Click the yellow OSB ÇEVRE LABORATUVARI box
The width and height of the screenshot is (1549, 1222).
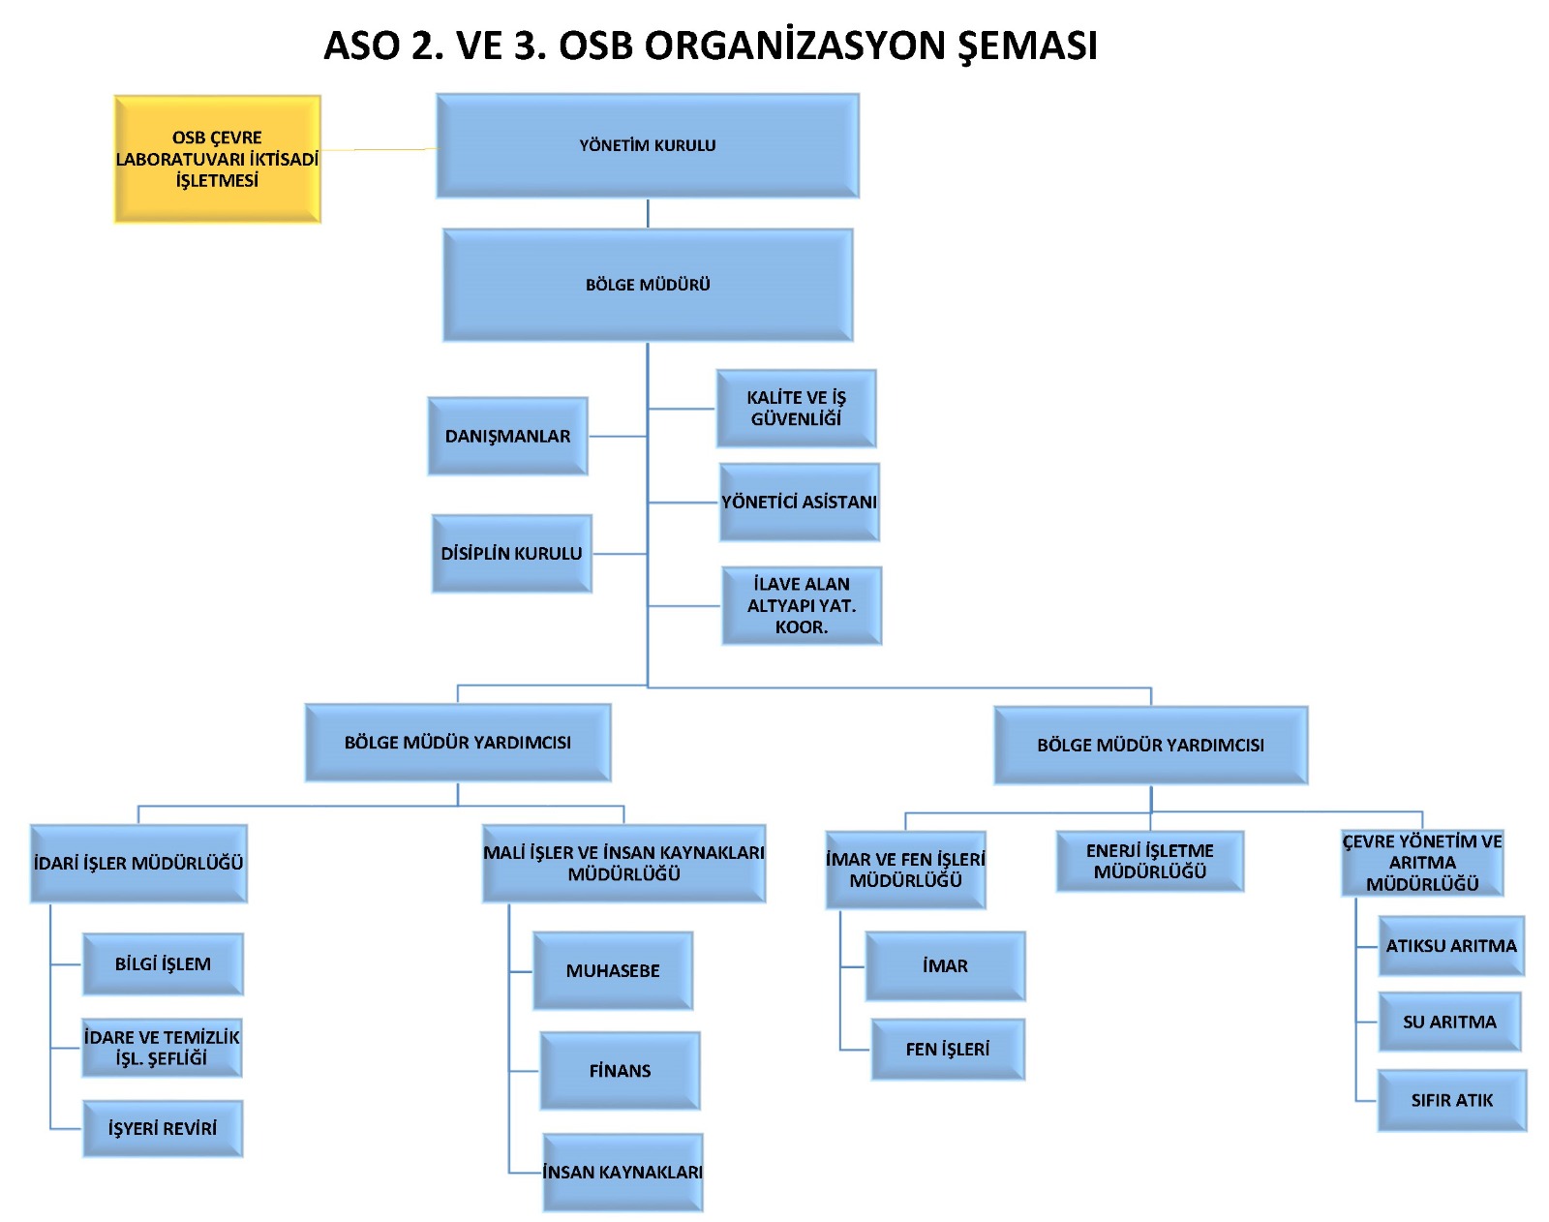point(217,159)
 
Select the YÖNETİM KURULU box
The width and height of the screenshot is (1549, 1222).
point(647,145)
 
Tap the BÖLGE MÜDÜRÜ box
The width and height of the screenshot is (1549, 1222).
point(648,285)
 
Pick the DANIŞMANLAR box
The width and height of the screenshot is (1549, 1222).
point(507,436)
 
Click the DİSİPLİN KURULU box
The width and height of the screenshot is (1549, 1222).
point(511,553)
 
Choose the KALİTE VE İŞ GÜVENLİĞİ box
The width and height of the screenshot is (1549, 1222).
point(796,408)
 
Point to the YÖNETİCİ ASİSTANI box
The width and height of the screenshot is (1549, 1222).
point(799,502)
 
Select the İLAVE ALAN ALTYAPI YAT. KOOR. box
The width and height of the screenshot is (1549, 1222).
point(802,605)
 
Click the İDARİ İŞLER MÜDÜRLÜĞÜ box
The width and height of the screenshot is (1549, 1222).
point(138,863)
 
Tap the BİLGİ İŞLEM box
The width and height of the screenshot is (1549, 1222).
point(163,963)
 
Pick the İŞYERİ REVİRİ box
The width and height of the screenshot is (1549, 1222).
point(163,1128)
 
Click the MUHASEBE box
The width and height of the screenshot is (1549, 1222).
point(613,970)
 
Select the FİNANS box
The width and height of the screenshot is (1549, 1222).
point(620,1070)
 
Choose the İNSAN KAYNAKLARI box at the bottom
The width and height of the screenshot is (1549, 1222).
point(623,1172)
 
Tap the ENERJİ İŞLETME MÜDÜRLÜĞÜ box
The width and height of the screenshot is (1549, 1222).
point(1149,861)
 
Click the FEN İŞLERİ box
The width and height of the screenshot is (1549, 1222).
point(948,1049)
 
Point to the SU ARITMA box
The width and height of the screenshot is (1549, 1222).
point(1449,1022)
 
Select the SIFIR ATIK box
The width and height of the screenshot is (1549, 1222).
point(1451,1100)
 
